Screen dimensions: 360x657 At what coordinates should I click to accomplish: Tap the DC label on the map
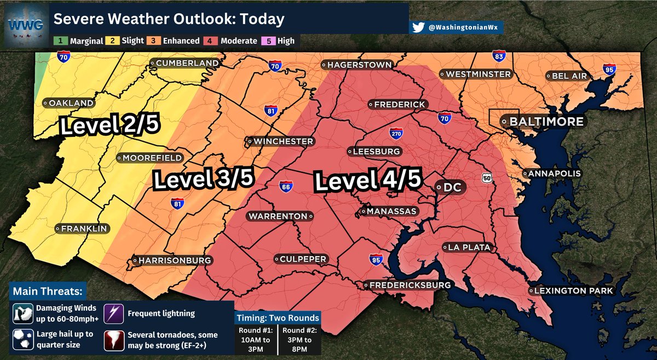[x=452, y=187]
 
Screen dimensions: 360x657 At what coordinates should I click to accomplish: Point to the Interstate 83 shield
[x=498, y=56]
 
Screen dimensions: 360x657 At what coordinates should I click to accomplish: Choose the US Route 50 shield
[x=486, y=178]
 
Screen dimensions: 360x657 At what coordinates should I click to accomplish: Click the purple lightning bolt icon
[x=117, y=313]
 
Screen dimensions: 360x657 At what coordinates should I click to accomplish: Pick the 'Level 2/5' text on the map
[x=109, y=126]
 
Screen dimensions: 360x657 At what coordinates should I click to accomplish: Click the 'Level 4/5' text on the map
[x=368, y=181]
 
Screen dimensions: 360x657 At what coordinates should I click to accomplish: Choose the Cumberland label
[x=185, y=63]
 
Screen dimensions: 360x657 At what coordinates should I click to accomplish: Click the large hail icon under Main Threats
[x=23, y=339]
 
